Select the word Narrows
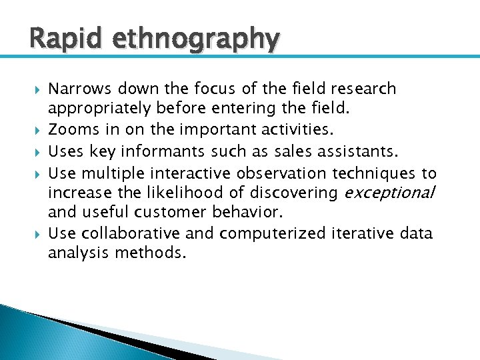pos(82,89)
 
